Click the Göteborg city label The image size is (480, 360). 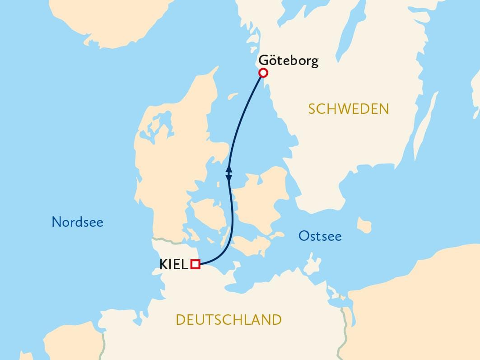(x=288, y=61)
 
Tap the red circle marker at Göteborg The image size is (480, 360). (x=262, y=73)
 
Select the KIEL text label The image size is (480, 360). (x=174, y=265)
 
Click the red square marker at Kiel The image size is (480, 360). (x=196, y=264)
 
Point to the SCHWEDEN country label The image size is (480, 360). (x=348, y=109)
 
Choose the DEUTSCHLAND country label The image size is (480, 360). (x=228, y=320)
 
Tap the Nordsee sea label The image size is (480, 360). (x=77, y=222)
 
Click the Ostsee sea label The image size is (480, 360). (x=320, y=236)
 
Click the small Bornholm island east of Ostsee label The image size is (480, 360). (x=363, y=224)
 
